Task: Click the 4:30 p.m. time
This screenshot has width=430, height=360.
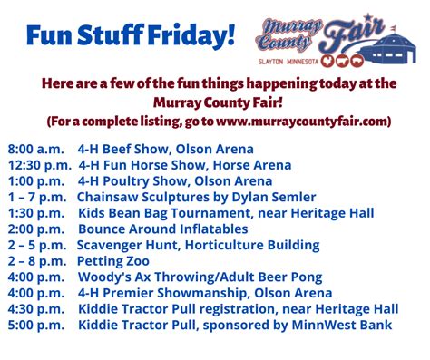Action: coord(36,309)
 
